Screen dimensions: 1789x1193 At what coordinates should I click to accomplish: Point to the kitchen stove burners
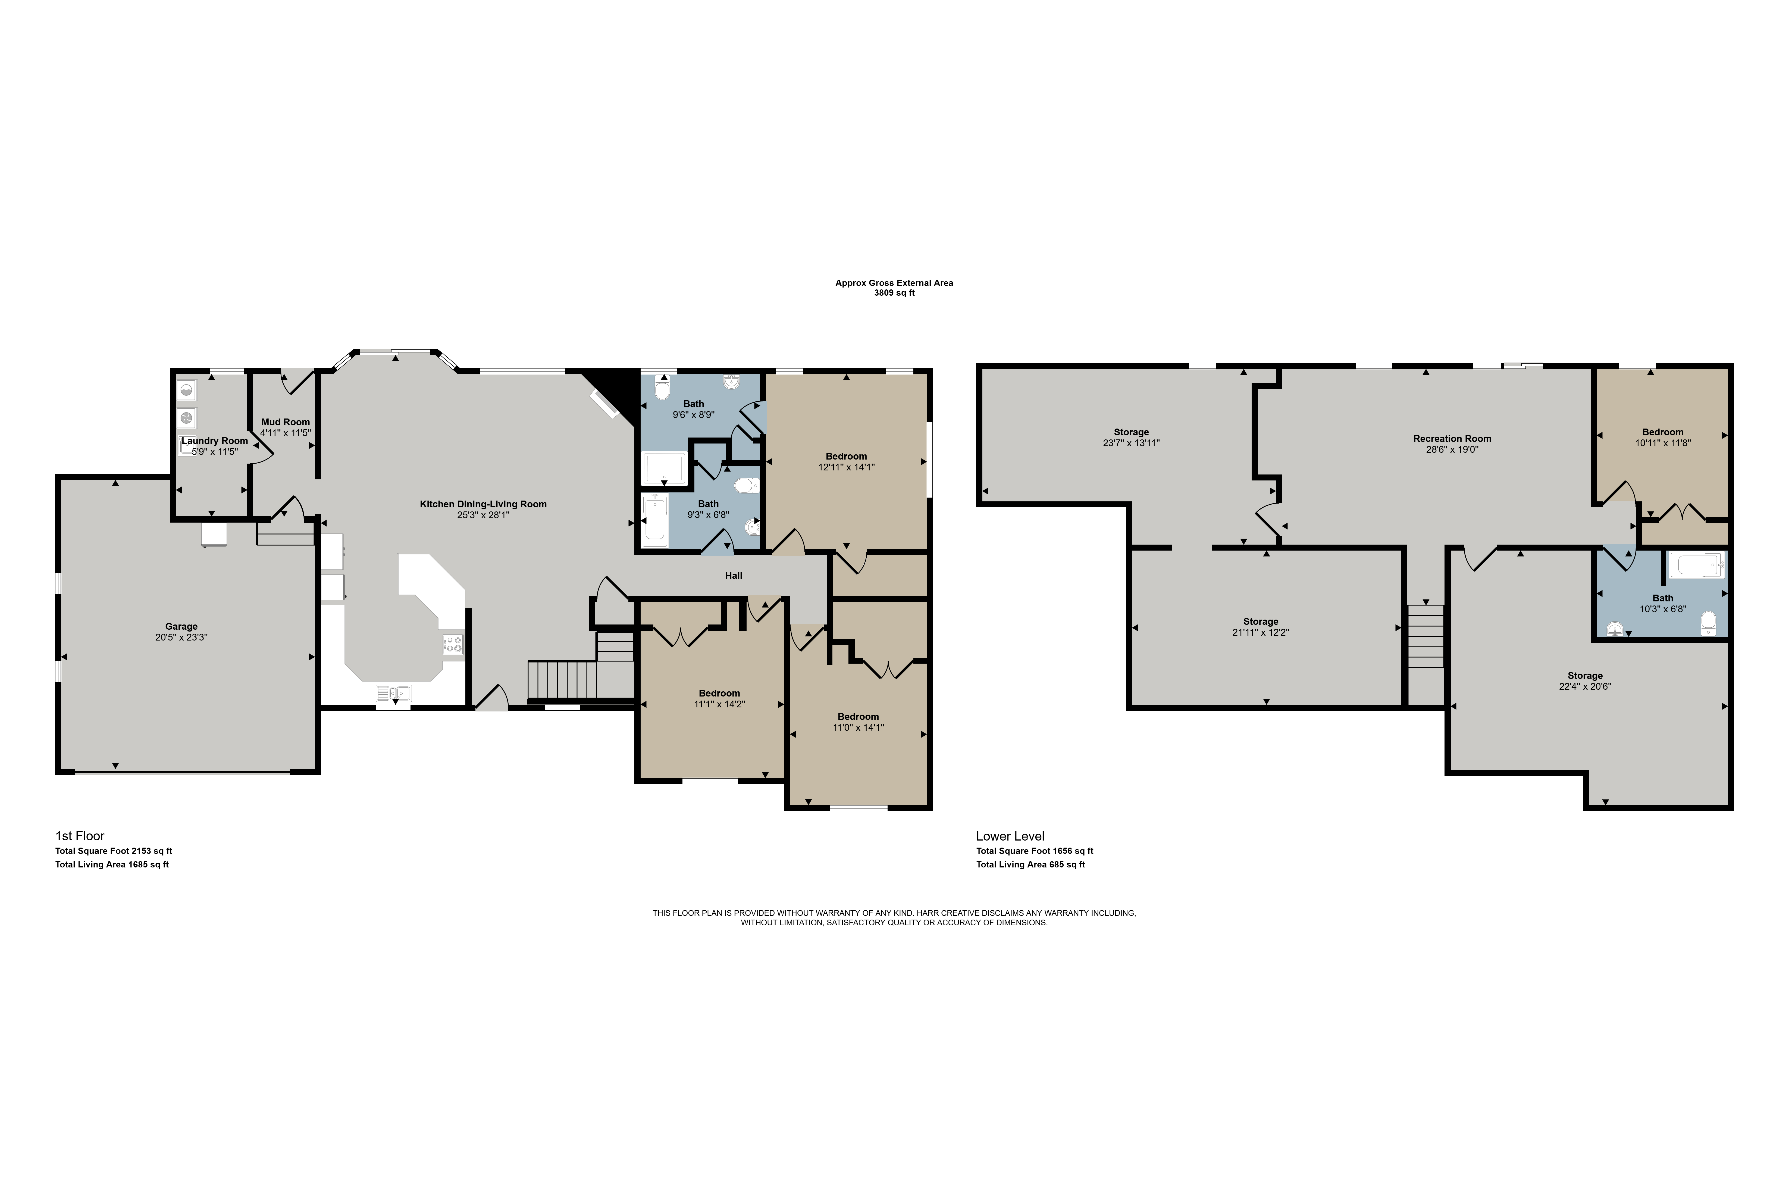tap(453, 644)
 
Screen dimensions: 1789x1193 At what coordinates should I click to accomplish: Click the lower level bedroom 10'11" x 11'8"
tap(1663, 438)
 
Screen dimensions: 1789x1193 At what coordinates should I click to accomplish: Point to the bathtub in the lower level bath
tap(1696, 565)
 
